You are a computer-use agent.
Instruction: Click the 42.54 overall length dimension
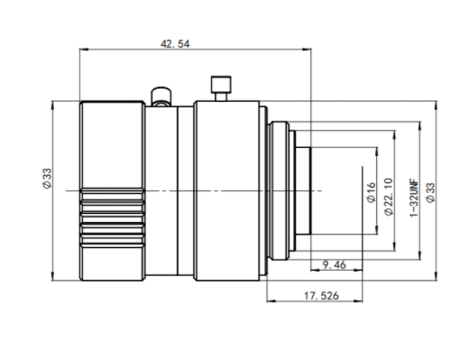coord(175,44)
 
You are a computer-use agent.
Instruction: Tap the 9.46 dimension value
coord(334,265)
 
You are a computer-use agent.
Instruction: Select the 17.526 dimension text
coord(321,296)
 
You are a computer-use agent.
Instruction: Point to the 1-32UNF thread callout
coord(414,198)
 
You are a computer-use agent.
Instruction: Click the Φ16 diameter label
coord(372,192)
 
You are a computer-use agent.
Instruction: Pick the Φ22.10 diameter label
coord(389,197)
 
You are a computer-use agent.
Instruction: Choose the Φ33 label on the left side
coord(48,179)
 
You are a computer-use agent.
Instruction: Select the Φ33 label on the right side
coord(430,192)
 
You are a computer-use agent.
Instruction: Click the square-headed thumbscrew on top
coord(221,88)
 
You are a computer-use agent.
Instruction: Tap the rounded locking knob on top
coord(161,97)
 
